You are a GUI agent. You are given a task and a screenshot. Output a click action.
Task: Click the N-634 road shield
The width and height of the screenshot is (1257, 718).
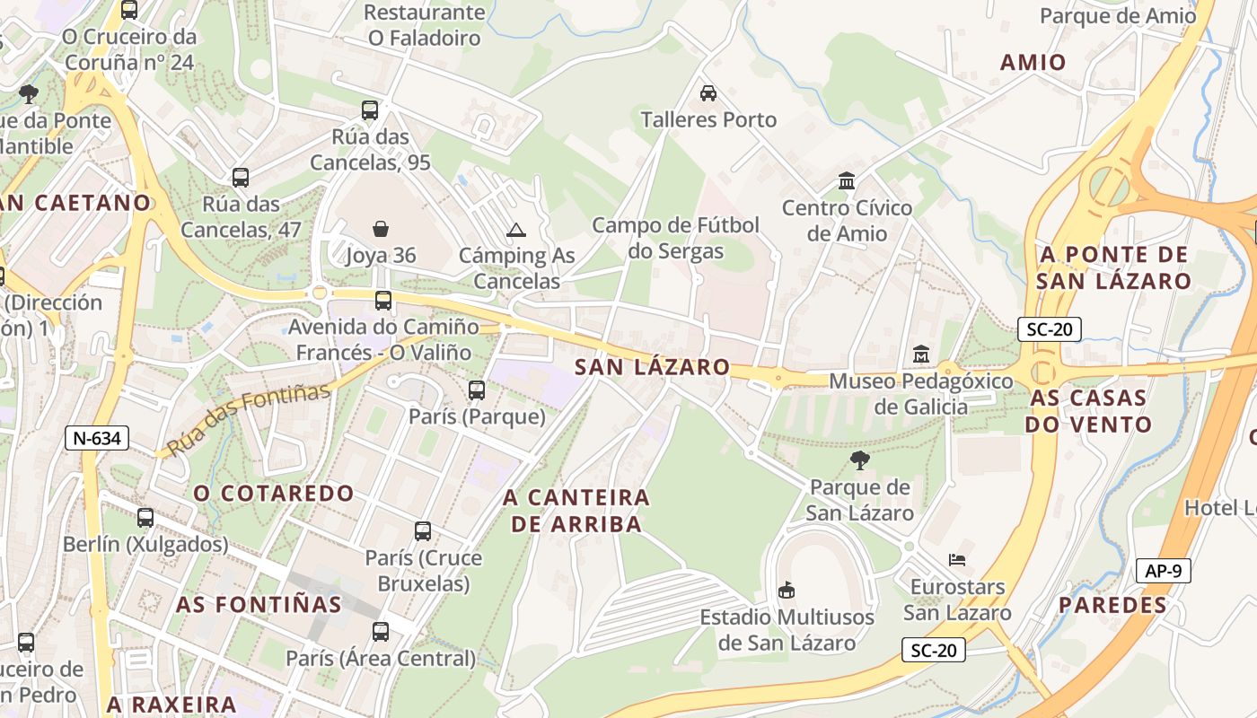click(x=98, y=438)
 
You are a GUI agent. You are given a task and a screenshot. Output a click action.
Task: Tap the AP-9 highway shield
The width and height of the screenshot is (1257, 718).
click(x=1164, y=570)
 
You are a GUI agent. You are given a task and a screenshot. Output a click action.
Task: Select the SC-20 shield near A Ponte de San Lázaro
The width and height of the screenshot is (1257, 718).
click(x=1049, y=329)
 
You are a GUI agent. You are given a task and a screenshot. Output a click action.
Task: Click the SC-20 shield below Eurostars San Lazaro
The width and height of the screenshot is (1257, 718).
click(x=934, y=650)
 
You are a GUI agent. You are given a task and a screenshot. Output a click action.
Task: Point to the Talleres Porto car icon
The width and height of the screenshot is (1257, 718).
click(x=708, y=92)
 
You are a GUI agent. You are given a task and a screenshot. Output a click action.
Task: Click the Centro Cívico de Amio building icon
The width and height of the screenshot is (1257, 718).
click(x=846, y=181)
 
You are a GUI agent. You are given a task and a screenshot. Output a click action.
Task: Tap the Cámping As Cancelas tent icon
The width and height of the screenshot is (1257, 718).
click(x=515, y=230)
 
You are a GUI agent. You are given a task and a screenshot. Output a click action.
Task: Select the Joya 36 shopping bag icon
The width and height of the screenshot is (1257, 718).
click(x=381, y=229)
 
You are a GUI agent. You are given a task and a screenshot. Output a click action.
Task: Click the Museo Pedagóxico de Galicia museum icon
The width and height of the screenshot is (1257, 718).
click(x=920, y=354)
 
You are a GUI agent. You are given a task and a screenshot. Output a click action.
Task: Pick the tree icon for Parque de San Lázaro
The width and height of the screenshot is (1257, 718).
click(x=859, y=460)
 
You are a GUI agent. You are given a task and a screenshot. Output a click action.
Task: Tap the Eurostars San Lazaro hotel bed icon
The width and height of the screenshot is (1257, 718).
click(x=957, y=560)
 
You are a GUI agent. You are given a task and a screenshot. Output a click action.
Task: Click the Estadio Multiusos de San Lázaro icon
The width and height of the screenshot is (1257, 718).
click(x=787, y=590)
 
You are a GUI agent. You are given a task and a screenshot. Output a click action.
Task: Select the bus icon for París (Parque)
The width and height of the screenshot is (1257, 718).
click(x=477, y=390)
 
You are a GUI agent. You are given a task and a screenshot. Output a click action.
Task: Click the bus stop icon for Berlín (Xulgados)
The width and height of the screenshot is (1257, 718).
click(x=145, y=518)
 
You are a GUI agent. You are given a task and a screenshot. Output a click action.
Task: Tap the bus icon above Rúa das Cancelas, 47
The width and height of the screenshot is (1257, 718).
click(x=240, y=177)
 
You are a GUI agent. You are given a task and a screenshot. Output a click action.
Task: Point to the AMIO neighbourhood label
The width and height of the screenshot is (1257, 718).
click(x=1033, y=62)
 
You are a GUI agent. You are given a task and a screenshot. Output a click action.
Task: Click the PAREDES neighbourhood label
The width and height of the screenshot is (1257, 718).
click(x=1112, y=605)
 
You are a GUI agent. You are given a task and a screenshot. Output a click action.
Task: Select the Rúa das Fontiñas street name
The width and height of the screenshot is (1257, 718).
click(x=249, y=416)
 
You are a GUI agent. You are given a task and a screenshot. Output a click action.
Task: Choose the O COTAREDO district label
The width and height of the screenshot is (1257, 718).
click(x=274, y=493)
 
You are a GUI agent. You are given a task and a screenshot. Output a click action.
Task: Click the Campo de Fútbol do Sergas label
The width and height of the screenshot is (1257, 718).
click(x=675, y=238)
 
